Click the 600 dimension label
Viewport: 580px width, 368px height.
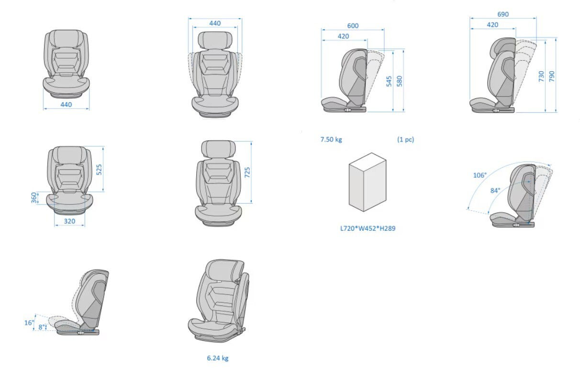[353, 26]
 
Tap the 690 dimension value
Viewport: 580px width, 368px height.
[503, 14]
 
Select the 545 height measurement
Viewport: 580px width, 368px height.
[389, 81]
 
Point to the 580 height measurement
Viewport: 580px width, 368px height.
[400, 81]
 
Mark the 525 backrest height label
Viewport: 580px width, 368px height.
[99, 169]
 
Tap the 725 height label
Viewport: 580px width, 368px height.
[247, 173]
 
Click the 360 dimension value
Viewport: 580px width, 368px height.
[34, 197]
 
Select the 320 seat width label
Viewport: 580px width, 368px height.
[70, 221]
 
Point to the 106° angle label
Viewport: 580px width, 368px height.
[480, 175]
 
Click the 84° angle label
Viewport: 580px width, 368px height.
[495, 190]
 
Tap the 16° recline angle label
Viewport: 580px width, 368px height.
[29, 323]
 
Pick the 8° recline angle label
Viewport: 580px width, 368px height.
[42, 327]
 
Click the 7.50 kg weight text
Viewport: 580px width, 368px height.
[331, 140]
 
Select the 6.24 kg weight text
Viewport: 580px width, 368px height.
[218, 357]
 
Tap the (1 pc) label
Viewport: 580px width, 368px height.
[405, 140]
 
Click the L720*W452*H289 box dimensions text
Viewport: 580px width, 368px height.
[368, 228]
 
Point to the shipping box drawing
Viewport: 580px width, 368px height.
[368, 182]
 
